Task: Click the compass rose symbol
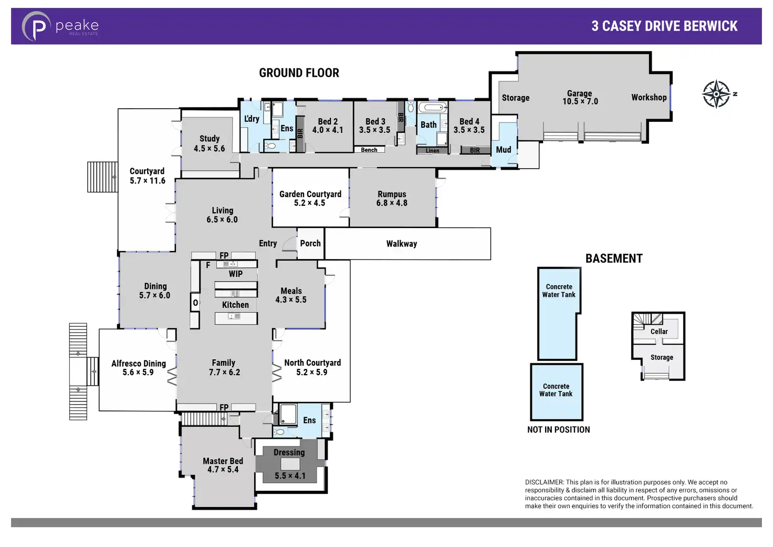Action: click(x=717, y=94)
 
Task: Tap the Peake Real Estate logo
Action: click(x=61, y=26)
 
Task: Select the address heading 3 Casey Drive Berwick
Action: click(x=665, y=26)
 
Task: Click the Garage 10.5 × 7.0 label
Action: click(x=580, y=97)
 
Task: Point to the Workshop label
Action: click(x=649, y=97)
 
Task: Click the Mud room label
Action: click(x=504, y=150)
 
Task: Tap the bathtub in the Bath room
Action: click(x=432, y=107)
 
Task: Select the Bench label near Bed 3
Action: click(x=369, y=150)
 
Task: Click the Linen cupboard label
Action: click(x=432, y=151)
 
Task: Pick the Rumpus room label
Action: click(x=392, y=199)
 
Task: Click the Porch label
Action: click(x=310, y=243)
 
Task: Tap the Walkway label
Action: click(x=402, y=244)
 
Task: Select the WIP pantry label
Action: click(x=236, y=274)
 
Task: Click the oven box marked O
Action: click(x=195, y=303)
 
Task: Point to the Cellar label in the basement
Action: click(x=659, y=332)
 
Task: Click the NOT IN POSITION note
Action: click(x=558, y=430)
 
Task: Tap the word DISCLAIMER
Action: click(x=544, y=482)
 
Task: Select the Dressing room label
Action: click(x=289, y=452)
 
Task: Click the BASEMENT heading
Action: click(x=614, y=259)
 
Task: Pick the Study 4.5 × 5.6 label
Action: click(x=209, y=143)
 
